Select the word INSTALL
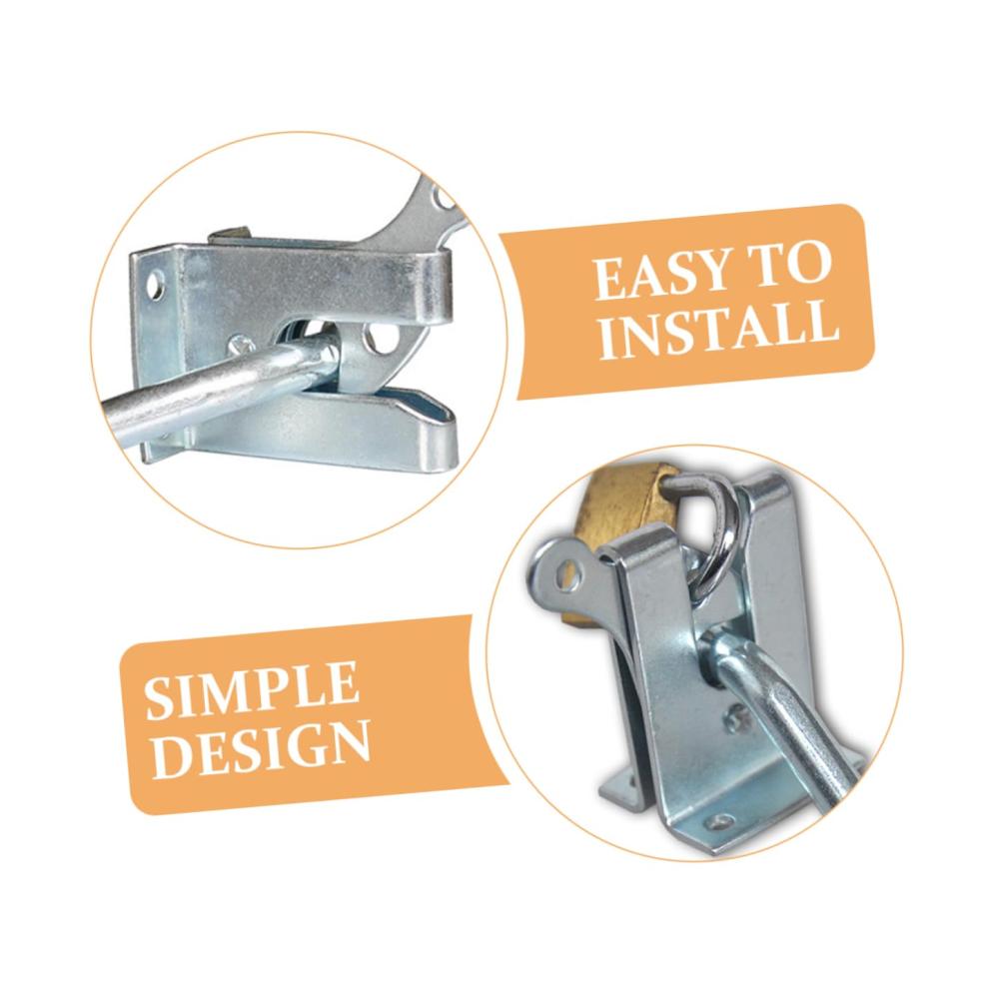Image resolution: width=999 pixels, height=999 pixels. click(x=718, y=330)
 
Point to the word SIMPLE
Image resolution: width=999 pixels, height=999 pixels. click(x=251, y=690)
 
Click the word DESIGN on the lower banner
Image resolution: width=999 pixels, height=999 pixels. click(x=261, y=749)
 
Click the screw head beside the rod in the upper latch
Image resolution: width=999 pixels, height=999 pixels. click(x=242, y=346)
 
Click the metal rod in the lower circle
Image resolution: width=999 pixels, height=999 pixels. click(x=783, y=713)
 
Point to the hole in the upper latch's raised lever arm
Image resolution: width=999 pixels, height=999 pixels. click(x=443, y=200)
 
